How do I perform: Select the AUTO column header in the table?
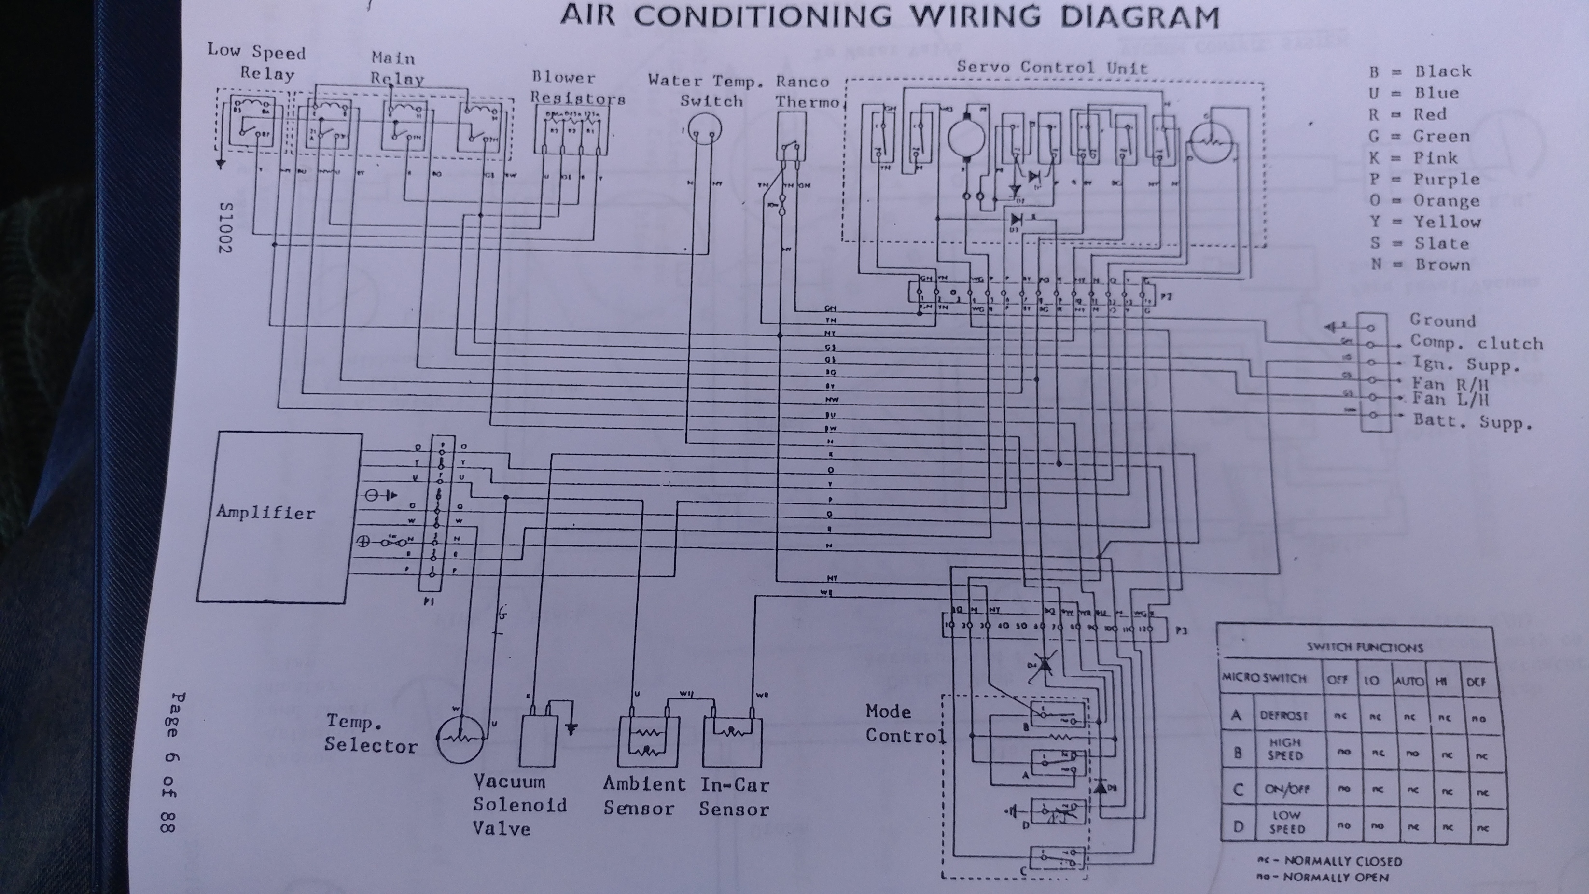[1409, 682]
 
